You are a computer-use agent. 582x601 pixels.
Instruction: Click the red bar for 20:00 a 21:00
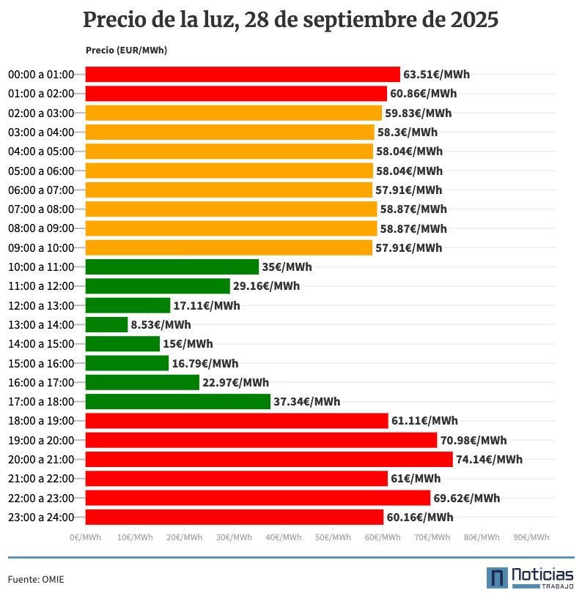click(269, 459)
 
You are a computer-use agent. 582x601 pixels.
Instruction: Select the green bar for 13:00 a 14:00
click(106, 324)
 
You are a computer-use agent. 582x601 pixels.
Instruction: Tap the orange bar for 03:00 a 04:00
click(229, 132)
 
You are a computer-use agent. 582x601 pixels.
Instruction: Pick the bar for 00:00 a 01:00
click(243, 74)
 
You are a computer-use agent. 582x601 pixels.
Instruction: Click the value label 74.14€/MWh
click(489, 459)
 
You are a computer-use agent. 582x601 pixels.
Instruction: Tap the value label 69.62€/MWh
click(466, 498)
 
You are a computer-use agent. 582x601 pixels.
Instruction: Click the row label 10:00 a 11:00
click(41, 266)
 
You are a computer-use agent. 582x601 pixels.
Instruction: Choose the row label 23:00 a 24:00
click(41, 517)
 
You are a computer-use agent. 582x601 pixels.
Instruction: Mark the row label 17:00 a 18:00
click(41, 401)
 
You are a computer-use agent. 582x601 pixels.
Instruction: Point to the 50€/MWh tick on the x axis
click(333, 537)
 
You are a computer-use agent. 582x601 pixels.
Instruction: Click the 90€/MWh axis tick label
click(531, 537)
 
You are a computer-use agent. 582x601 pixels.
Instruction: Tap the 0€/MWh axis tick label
click(86, 537)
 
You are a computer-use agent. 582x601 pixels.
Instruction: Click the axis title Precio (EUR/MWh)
click(126, 50)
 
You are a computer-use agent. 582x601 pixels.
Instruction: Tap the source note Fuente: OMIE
click(36, 579)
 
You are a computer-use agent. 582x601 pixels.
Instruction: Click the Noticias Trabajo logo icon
click(497, 578)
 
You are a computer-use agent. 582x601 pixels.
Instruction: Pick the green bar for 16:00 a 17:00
click(142, 382)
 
